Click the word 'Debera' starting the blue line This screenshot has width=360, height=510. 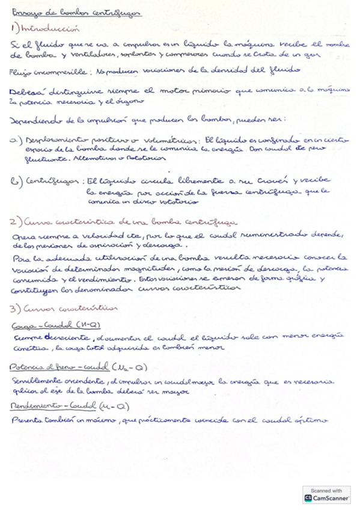(24, 91)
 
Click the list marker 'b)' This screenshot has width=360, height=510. (16, 180)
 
